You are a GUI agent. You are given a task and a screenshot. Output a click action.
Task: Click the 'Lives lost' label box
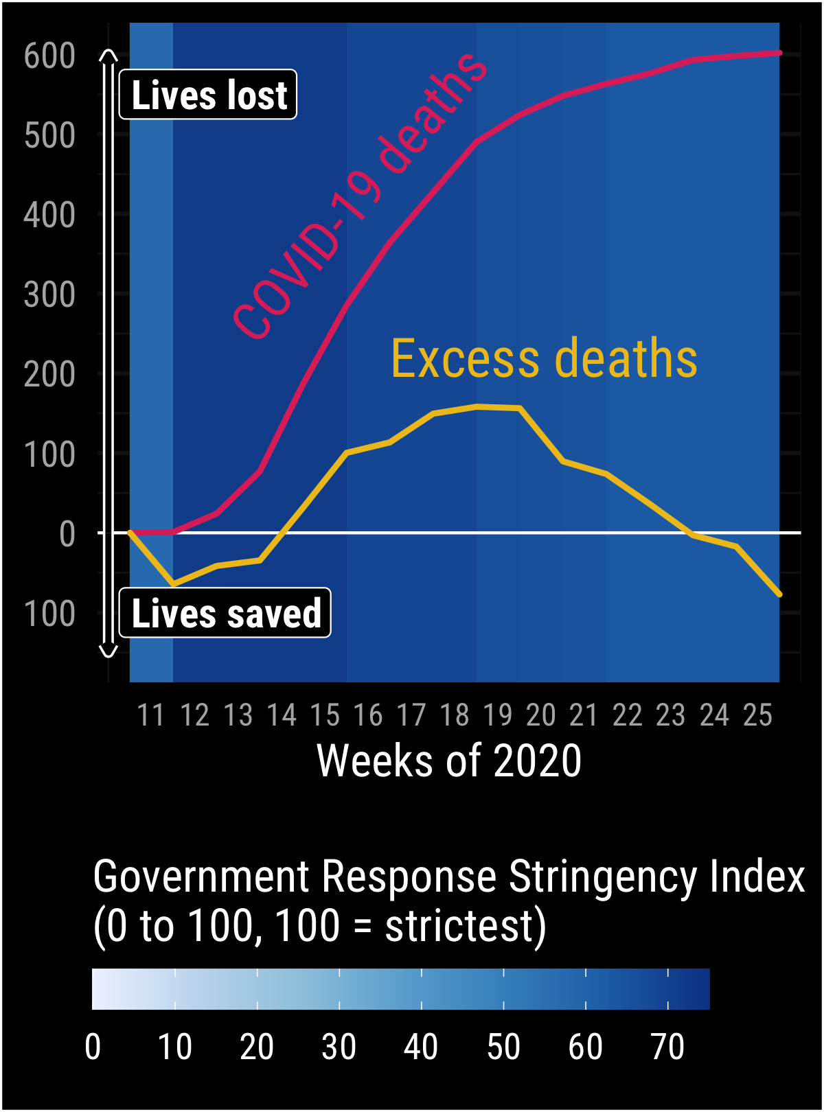208,95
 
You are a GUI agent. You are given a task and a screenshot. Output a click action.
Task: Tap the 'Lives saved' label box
225,613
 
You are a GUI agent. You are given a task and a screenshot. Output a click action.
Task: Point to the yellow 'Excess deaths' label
544,359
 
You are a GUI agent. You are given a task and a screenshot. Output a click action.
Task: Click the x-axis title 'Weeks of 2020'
449,761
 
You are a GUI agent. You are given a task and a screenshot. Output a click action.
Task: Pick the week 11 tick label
151,715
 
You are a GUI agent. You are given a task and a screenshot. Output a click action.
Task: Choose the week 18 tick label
454,715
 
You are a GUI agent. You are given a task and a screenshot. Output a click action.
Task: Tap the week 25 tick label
757,715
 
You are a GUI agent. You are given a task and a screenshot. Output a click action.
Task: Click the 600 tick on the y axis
49,56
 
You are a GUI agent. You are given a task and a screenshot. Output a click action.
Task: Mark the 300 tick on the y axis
49,295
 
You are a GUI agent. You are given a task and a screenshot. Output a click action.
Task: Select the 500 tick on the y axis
49,136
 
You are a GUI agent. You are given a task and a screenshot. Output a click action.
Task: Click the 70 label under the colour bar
667,1047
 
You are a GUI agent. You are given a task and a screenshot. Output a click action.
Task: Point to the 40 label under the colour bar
421,1047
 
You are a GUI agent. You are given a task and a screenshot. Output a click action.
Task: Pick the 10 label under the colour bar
174,1047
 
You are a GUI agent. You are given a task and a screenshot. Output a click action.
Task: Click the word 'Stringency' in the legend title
603,877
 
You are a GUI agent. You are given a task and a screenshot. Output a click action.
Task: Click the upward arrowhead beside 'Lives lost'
108,54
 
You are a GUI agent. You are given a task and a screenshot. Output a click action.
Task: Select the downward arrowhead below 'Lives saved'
108,652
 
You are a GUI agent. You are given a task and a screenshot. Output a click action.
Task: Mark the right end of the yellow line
779,594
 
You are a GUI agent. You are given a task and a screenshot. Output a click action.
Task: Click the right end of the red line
779,53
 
